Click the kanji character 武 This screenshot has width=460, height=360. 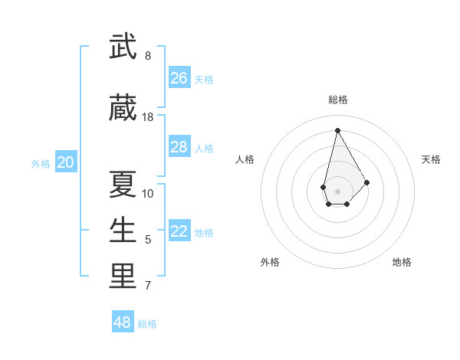123,47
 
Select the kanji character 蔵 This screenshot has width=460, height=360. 123,109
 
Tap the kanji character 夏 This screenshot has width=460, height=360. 123,184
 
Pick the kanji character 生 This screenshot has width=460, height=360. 123,231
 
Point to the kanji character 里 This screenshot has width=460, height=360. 123,277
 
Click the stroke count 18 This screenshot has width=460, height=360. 148,117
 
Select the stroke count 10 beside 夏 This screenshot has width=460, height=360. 148,193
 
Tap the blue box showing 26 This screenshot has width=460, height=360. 179,78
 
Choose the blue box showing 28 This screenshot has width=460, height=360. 179,147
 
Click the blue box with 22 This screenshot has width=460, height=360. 179,232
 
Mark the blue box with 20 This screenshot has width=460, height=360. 66,162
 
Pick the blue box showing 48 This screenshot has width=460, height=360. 123,322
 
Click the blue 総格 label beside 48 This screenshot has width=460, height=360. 147,324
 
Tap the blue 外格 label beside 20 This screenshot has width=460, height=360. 41,163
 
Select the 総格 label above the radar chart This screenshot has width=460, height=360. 337,100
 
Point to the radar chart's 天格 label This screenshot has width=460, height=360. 431,159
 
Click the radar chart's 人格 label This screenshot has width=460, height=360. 245,159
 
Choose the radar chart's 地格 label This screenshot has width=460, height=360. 402,262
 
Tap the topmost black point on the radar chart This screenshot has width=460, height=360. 337,129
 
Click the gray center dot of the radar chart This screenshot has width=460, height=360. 337,190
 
